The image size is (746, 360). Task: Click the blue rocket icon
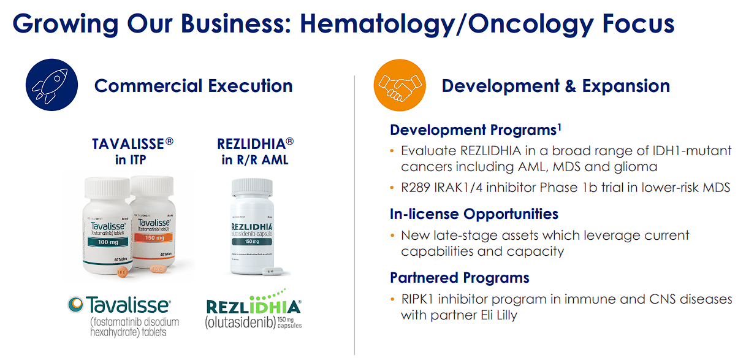click(x=51, y=85)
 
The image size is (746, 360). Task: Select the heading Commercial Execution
click(x=193, y=86)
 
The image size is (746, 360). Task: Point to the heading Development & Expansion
click(x=555, y=86)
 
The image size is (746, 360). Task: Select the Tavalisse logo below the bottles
click(x=120, y=304)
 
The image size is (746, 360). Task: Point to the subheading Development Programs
click(x=473, y=130)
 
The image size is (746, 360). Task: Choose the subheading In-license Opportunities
click(x=474, y=214)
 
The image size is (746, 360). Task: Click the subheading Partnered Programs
click(x=459, y=278)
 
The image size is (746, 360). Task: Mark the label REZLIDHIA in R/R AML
click(x=255, y=151)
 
